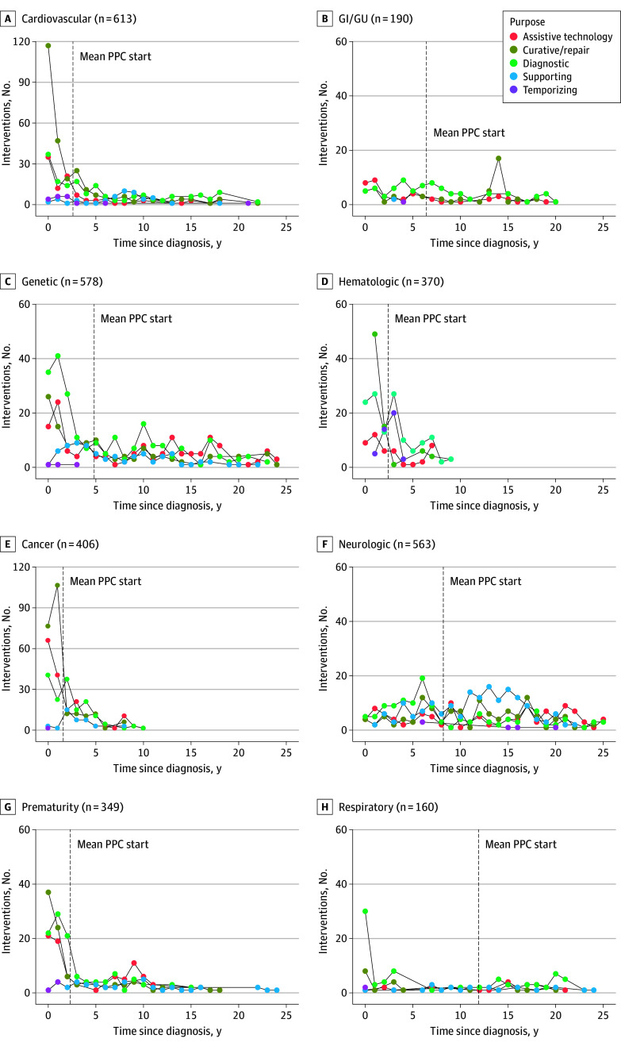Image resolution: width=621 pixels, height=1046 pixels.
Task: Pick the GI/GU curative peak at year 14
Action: (x=498, y=158)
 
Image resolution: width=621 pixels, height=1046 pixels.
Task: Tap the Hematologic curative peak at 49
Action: (x=374, y=334)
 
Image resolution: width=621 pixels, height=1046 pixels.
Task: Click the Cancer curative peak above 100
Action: (x=58, y=586)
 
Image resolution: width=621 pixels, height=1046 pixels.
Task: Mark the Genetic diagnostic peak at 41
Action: (x=58, y=356)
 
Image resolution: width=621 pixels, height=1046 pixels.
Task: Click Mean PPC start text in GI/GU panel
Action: (x=469, y=133)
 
